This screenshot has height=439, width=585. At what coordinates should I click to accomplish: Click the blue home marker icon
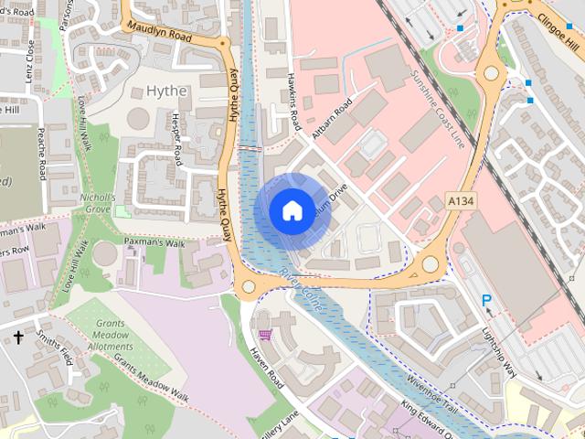click(291, 210)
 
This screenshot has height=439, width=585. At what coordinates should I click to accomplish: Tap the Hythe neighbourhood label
click(166, 91)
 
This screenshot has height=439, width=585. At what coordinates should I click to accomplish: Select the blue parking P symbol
click(487, 300)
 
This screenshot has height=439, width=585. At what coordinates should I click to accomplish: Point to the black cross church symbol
click(18, 337)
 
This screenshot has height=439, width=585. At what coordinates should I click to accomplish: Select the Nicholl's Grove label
click(97, 202)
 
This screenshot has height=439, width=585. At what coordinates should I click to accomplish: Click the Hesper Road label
click(176, 134)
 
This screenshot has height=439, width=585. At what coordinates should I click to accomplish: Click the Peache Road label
click(43, 155)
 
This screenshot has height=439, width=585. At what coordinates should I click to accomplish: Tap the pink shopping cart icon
click(265, 337)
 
